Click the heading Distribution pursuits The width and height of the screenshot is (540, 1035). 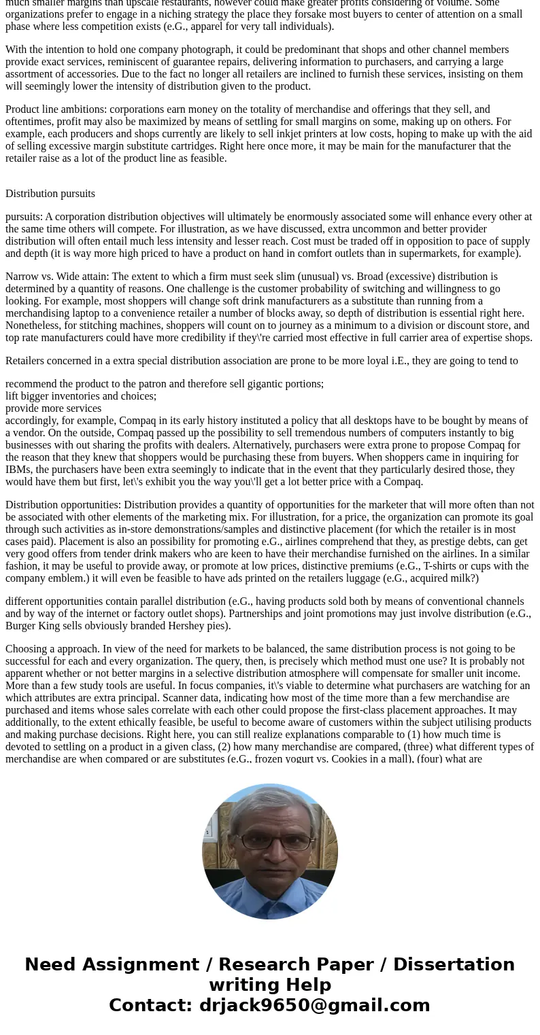50,194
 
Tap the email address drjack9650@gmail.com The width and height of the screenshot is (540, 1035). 314,1005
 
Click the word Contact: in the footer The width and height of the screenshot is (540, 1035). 150,1005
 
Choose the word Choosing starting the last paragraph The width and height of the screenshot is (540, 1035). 27,649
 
